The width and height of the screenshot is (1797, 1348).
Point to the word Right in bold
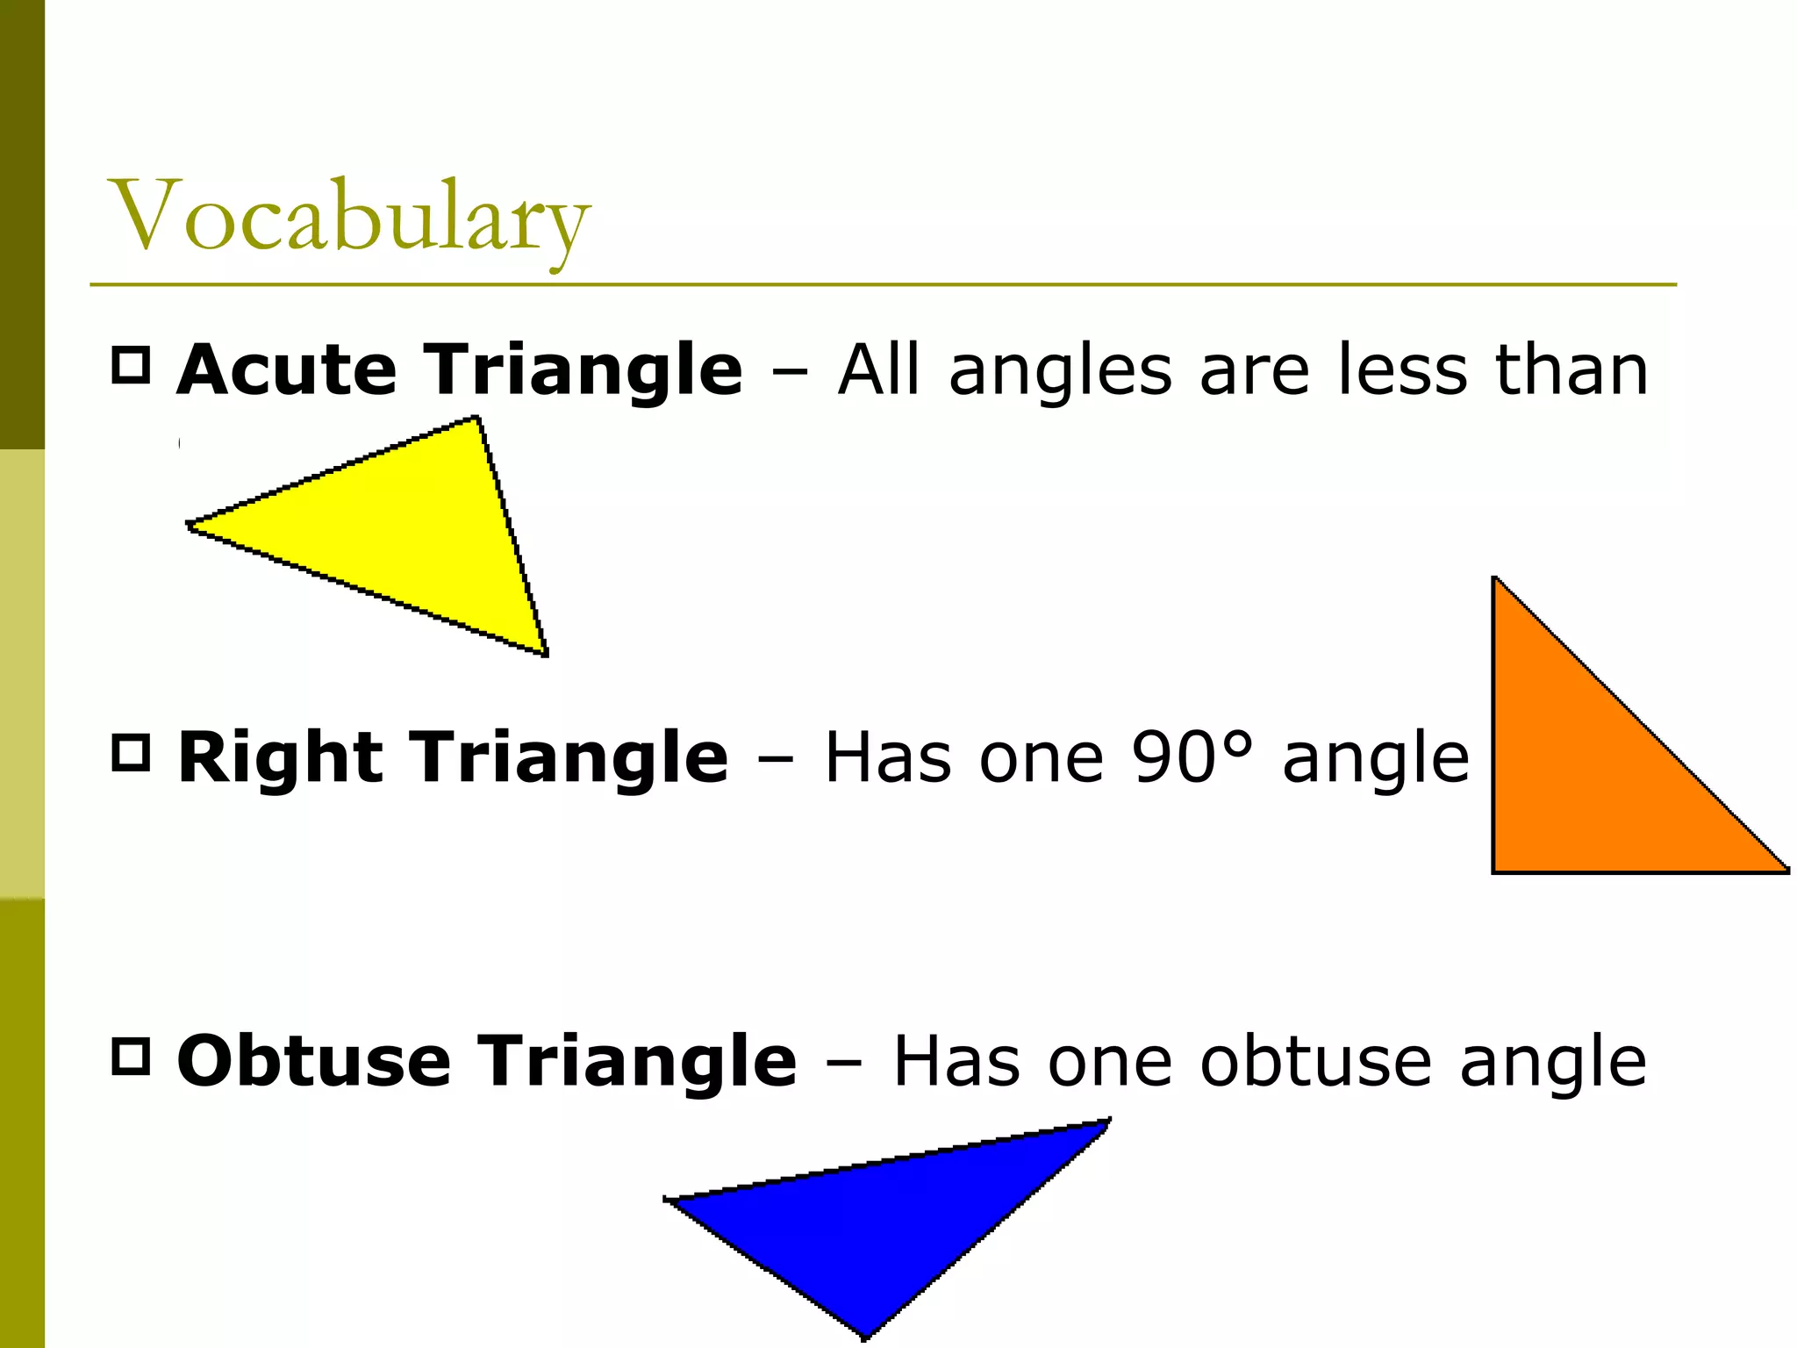tap(280, 757)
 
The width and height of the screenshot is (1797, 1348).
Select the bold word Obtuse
tap(313, 1061)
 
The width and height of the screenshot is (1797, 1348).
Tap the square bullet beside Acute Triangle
tap(132, 365)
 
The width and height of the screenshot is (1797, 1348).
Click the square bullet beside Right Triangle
tap(132, 753)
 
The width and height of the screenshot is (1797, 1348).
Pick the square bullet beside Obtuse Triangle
tap(132, 1056)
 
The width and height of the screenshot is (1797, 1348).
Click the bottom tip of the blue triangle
tap(865, 1337)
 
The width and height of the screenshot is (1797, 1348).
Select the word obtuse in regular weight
tap(1316, 1061)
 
